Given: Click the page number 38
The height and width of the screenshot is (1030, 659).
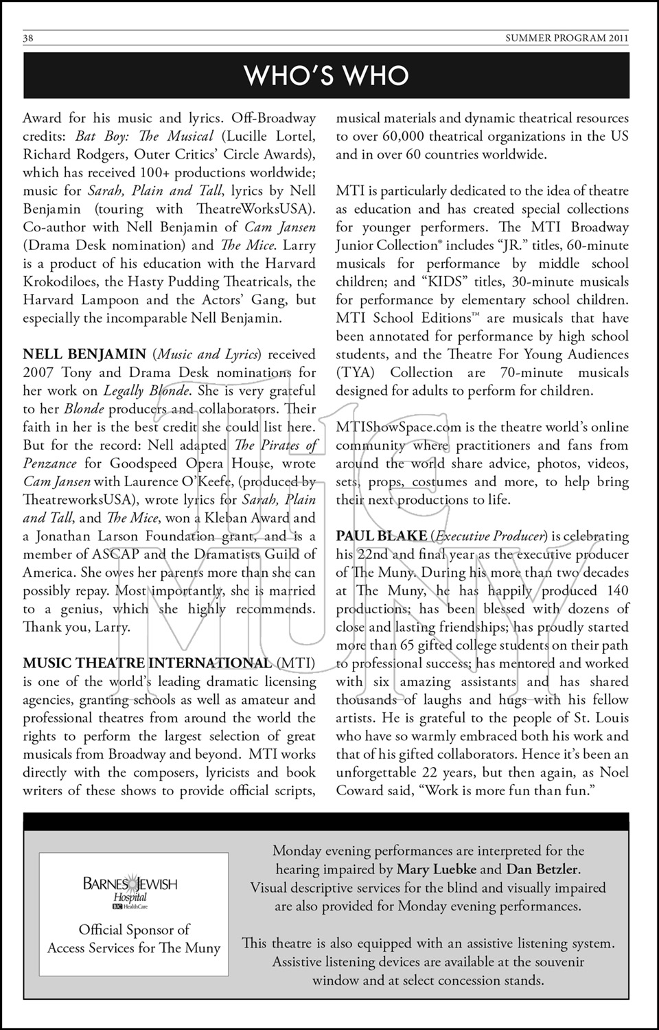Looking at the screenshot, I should (x=28, y=38).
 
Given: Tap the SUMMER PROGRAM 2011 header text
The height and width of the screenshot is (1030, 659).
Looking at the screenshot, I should (x=567, y=38).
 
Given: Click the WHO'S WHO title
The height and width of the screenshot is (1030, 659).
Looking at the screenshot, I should (x=327, y=76).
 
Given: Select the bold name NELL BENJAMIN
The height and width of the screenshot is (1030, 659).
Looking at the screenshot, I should (x=84, y=354).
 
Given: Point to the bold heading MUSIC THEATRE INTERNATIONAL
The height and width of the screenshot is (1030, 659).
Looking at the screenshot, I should (x=148, y=663).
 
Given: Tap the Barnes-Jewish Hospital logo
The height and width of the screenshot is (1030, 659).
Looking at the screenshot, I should (x=130, y=890).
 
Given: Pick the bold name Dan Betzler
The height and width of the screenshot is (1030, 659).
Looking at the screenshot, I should (x=542, y=869).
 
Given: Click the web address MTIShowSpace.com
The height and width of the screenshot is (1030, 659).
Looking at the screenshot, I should (x=399, y=427).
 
